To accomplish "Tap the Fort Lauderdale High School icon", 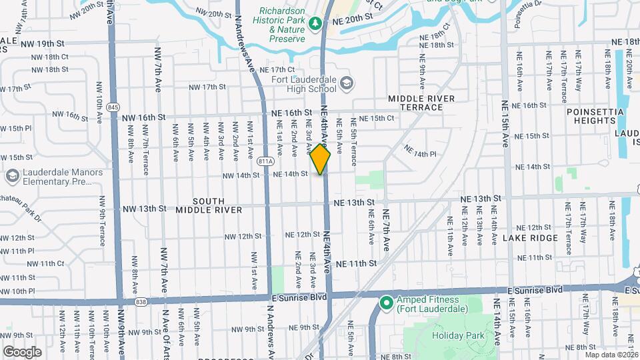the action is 346,83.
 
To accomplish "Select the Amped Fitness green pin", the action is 385,303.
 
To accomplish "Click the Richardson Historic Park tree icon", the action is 315,24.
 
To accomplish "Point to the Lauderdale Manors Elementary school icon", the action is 11,176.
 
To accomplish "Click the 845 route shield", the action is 113,107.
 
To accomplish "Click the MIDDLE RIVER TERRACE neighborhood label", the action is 421,103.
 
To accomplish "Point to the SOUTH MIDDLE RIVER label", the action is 209,205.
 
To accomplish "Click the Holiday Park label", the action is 457,336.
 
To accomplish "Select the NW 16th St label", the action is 144,117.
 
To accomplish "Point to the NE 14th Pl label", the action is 420,153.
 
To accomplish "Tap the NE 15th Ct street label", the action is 377,118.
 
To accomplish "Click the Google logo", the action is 22,351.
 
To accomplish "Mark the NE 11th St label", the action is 356,263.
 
